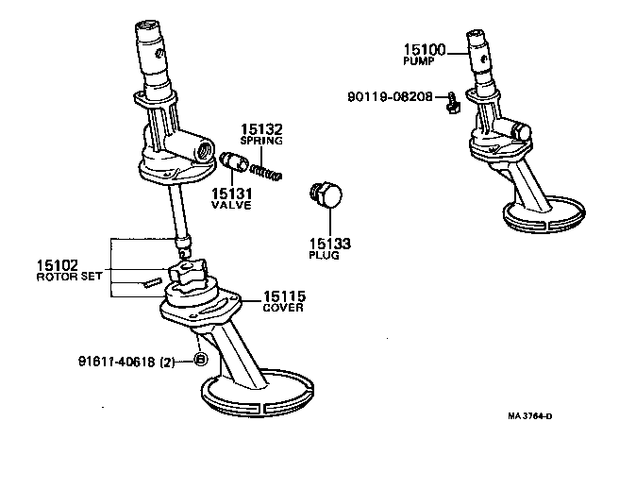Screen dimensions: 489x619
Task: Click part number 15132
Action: click(260, 128)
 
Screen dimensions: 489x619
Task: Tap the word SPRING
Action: click(260, 141)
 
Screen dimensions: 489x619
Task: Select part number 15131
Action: click(231, 193)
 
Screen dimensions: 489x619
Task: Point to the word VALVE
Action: click(231, 205)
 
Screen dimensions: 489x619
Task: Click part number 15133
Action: click(330, 244)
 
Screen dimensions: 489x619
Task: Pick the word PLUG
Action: click(325, 256)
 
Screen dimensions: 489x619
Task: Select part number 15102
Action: click(58, 266)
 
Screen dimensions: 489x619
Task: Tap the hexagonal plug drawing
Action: click(326, 196)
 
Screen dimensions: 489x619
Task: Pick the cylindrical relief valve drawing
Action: click(233, 163)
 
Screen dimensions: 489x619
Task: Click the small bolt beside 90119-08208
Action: click(452, 99)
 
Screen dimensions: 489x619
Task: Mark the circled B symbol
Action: click(200, 360)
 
